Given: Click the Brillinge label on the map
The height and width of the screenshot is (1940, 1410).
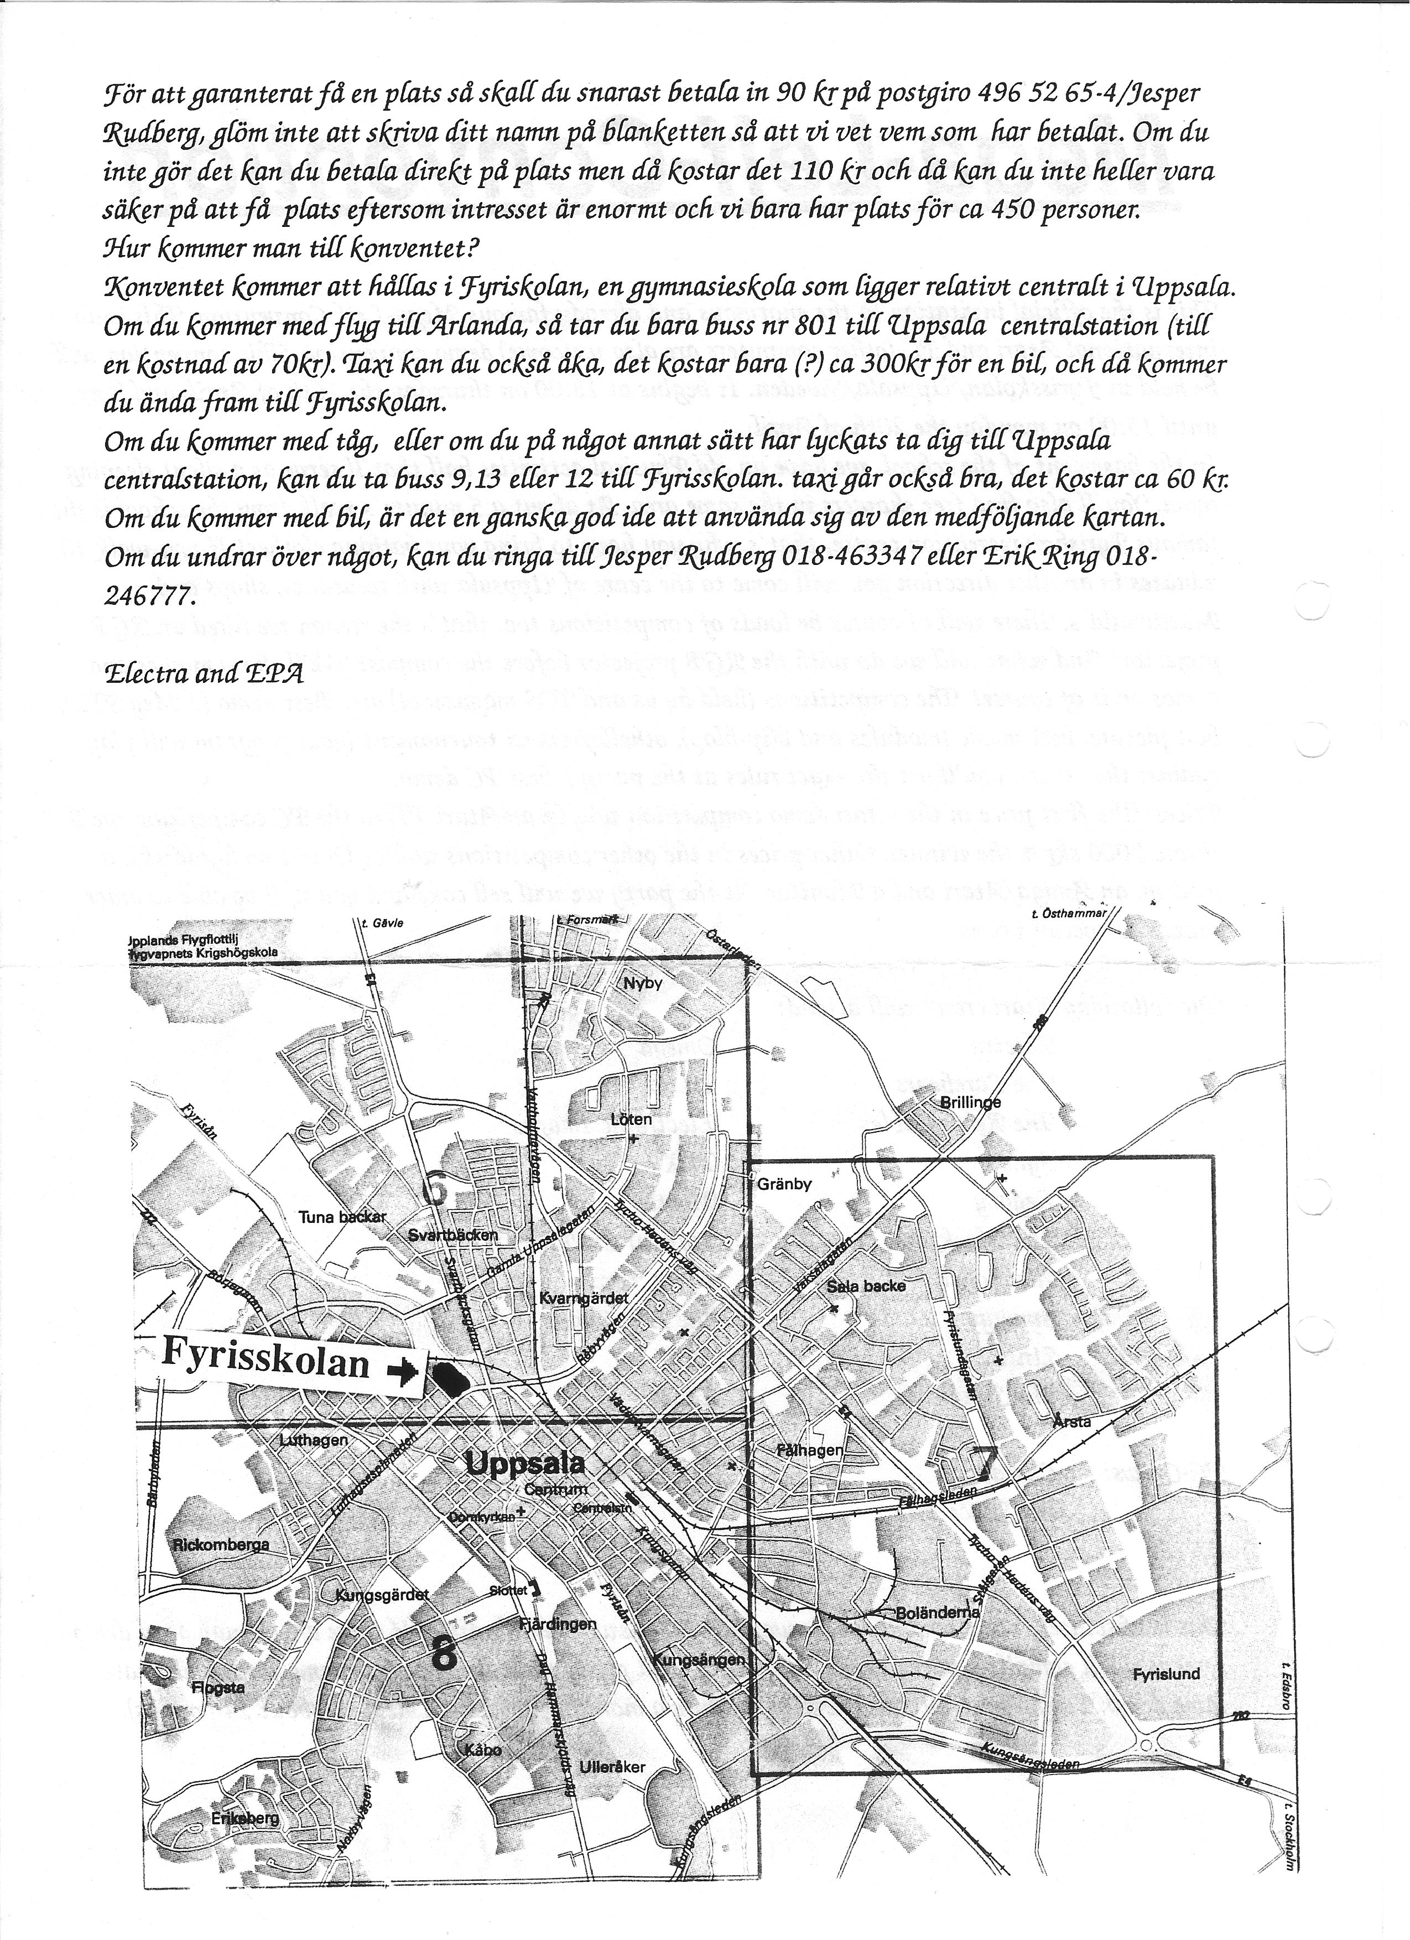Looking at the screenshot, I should pyautogui.click(x=970, y=1103).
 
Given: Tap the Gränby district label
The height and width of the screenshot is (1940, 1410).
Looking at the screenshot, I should pyautogui.click(x=784, y=1185).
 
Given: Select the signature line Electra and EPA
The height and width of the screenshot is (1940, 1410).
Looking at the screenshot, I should pyautogui.click(x=204, y=673).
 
